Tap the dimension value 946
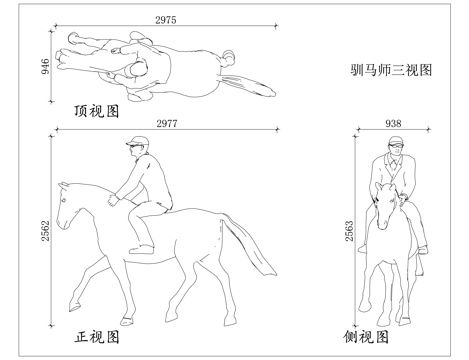44,66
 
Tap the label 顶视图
96,107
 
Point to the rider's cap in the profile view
134,143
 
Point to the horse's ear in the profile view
64,185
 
